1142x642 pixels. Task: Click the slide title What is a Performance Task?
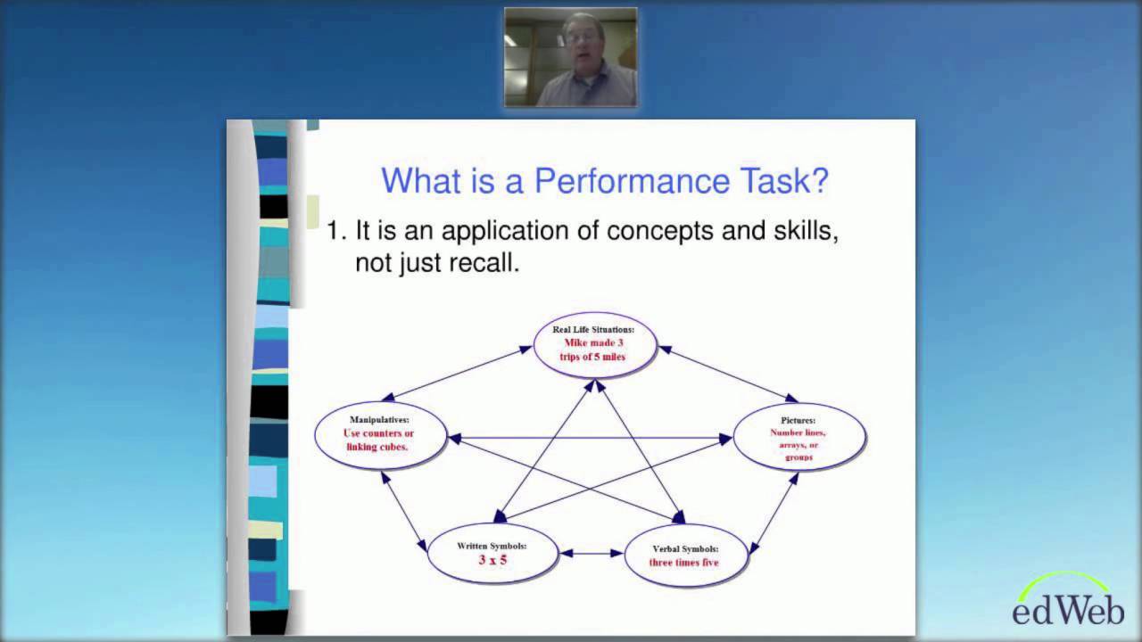click(x=604, y=181)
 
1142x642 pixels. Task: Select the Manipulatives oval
click(x=379, y=434)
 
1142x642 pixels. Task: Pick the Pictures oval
click(x=799, y=437)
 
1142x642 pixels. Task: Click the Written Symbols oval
click(x=492, y=553)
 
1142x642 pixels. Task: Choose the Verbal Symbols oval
click(x=684, y=556)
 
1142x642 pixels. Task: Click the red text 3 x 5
click(x=492, y=560)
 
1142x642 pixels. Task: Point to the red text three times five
click(x=684, y=563)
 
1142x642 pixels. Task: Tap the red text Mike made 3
click(x=593, y=342)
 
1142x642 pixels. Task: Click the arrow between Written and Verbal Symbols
click(x=592, y=554)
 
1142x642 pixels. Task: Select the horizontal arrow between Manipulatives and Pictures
click(x=589, y=438)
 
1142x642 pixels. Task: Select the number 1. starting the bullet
click(x=335, y=231)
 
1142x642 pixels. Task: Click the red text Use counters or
click(x=378, y=433)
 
